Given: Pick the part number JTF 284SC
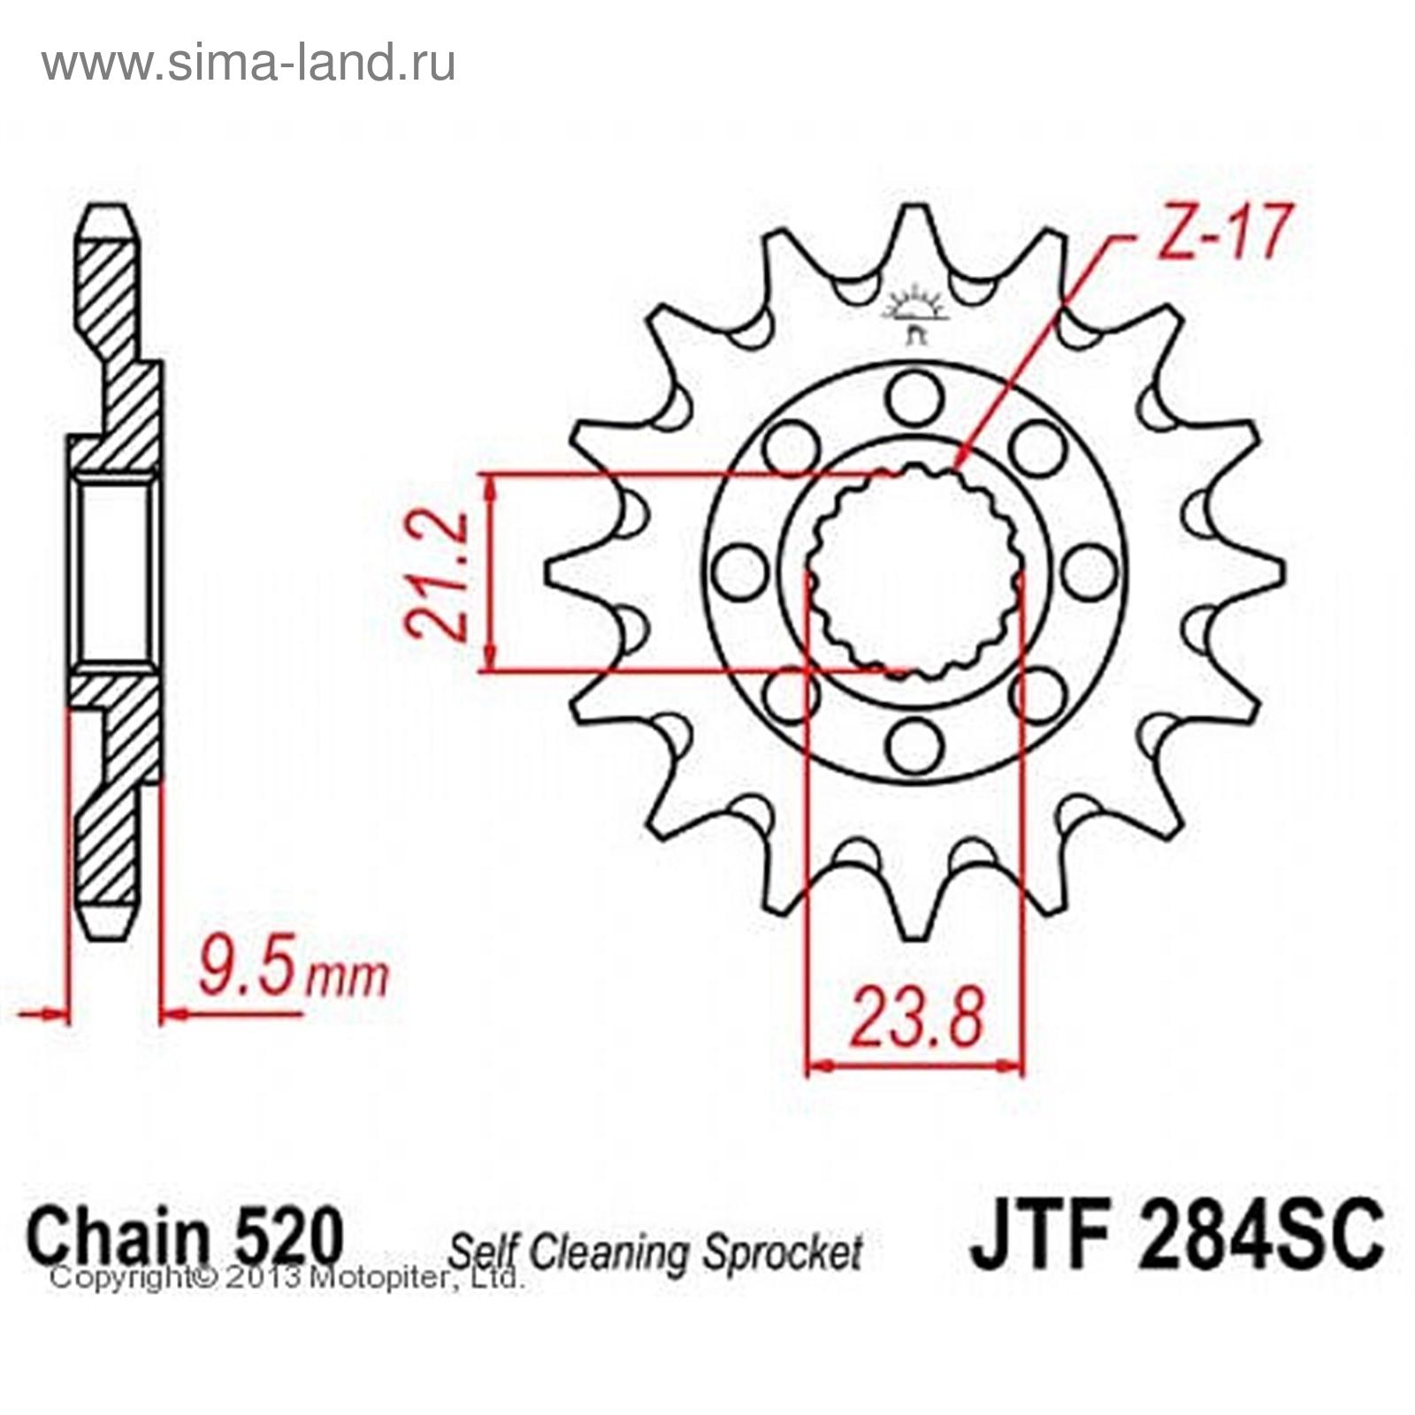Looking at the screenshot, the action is click(x=1175, y=1231).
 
